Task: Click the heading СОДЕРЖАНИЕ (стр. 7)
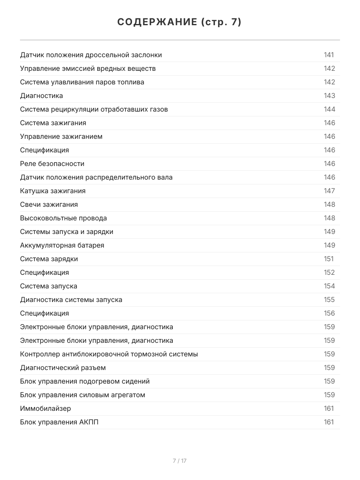(180, 22)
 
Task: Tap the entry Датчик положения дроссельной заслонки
(91, 55)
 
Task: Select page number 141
(329, 55)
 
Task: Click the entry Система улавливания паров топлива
(82, 82)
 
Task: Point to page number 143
(329, 96)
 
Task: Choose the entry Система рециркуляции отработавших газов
(94, 110)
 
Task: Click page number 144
(329, 110)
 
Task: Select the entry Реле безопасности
(52, 164)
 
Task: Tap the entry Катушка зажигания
(53, 191)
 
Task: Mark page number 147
(329, 191)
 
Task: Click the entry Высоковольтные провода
(63, 218)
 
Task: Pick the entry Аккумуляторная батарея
(62, 246)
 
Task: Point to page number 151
(328, 259)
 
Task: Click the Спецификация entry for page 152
(44, 273)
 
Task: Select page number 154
(329, 286)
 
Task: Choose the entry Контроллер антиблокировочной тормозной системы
(109, 354)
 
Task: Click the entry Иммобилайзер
(45, 409)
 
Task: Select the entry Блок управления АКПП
(59, 422)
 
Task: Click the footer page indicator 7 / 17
(180, 461)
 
